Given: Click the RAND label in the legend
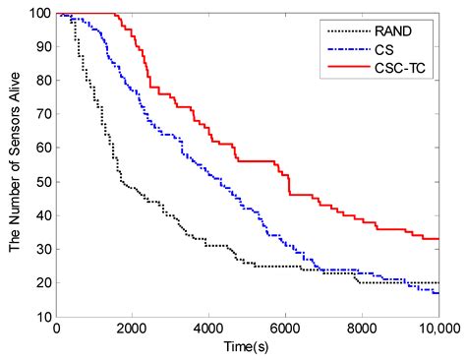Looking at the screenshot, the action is tap(393, 31).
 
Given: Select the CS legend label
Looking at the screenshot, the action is tap(384, 50).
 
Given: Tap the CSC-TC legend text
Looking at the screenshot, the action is tap(400, 68).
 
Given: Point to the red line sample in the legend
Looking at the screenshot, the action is tap(349, 67).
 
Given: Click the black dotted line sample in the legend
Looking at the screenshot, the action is tap(349, 31).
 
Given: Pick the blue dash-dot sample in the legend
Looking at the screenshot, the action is tap(349, 49).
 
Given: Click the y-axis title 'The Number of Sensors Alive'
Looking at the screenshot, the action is tap(15, 162).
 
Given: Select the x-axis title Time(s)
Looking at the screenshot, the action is tap(246, 346).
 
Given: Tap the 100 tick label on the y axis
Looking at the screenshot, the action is tap(40, 13).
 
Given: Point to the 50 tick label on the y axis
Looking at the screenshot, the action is tap(44, 182).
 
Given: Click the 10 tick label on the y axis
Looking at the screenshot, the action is tap(44, 317).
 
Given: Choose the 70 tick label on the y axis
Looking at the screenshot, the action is tap(44, 114).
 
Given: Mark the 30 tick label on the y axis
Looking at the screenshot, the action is tap(44, 249).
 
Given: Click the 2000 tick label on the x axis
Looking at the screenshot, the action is tap(132, 329).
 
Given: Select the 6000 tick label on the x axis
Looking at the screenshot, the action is tap(285, 329).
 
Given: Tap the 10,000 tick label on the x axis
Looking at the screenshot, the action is tap(440, 329).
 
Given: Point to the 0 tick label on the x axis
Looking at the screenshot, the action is tap(57, 329).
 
